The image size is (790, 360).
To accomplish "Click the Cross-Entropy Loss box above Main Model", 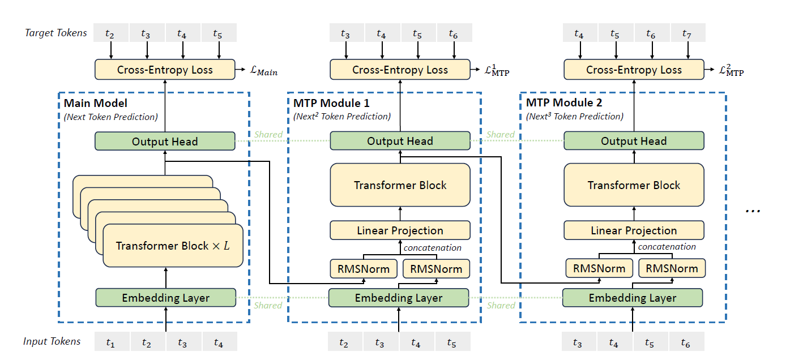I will (x=165, y=70).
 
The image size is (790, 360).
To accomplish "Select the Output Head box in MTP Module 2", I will (x=634, y=141).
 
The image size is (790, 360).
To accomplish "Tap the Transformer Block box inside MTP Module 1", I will (x=400, y=185).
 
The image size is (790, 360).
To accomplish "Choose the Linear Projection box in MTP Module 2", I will (x=634, y=230).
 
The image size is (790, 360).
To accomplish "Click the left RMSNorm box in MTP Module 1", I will (x=363, y=268).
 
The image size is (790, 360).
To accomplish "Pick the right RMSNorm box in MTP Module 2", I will (x=672, y=268).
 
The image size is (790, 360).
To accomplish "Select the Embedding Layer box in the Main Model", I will (x=165, y=298).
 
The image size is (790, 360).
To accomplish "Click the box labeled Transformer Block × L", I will (x=173, y=246).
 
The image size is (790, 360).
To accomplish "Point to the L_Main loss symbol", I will (x=264, y=71).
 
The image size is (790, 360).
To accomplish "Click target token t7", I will (x=687, y=34).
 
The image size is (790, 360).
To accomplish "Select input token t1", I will (x=110, y=342).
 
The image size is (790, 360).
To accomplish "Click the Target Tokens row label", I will (x=56, y=33).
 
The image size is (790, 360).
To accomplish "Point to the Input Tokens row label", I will (x=52, y=341).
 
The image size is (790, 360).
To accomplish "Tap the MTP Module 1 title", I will (x=331, y=103).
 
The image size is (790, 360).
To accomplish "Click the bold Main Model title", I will (x=96, y=103).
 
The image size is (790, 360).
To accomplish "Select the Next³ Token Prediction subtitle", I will (x=574, y=117).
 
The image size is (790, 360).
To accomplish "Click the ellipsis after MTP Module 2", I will (x=753, y=210).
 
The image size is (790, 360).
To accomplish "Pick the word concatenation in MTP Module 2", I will (x=667, y=247).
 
